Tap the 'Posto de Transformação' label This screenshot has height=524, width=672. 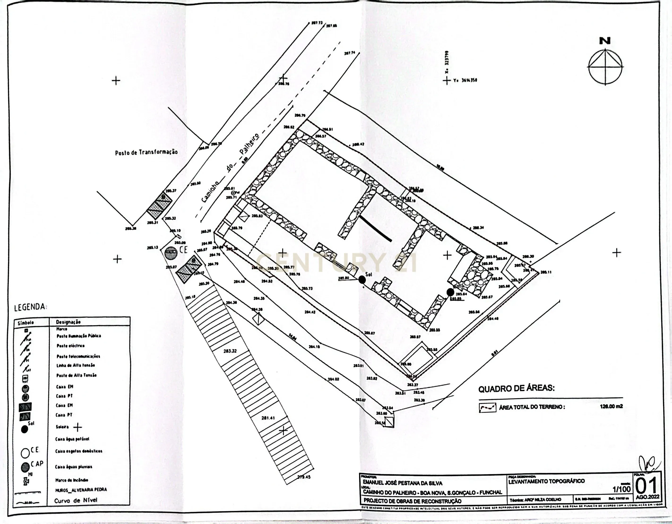pos(146,152)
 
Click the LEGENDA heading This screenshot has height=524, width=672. pos(30,307)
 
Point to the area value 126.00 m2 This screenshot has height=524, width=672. pos(611,406)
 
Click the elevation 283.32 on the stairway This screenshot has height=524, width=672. pos(230,351)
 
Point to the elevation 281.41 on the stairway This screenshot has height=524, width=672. pos(268,418)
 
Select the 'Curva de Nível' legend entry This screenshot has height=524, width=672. pos(76,501)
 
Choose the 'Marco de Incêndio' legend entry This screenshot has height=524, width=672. pos(72,480)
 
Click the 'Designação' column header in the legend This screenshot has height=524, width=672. pos(68,322)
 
